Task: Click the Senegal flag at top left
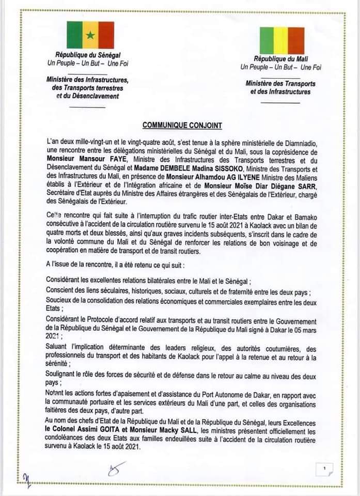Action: pyautogui.click(x=90, y=35)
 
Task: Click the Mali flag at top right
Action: pyautogui.click(x=281, y=40)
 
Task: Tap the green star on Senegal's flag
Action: pyautogui.click(x=90, y=35)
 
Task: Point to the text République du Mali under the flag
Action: pyautogui.click(x=280, y=60)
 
